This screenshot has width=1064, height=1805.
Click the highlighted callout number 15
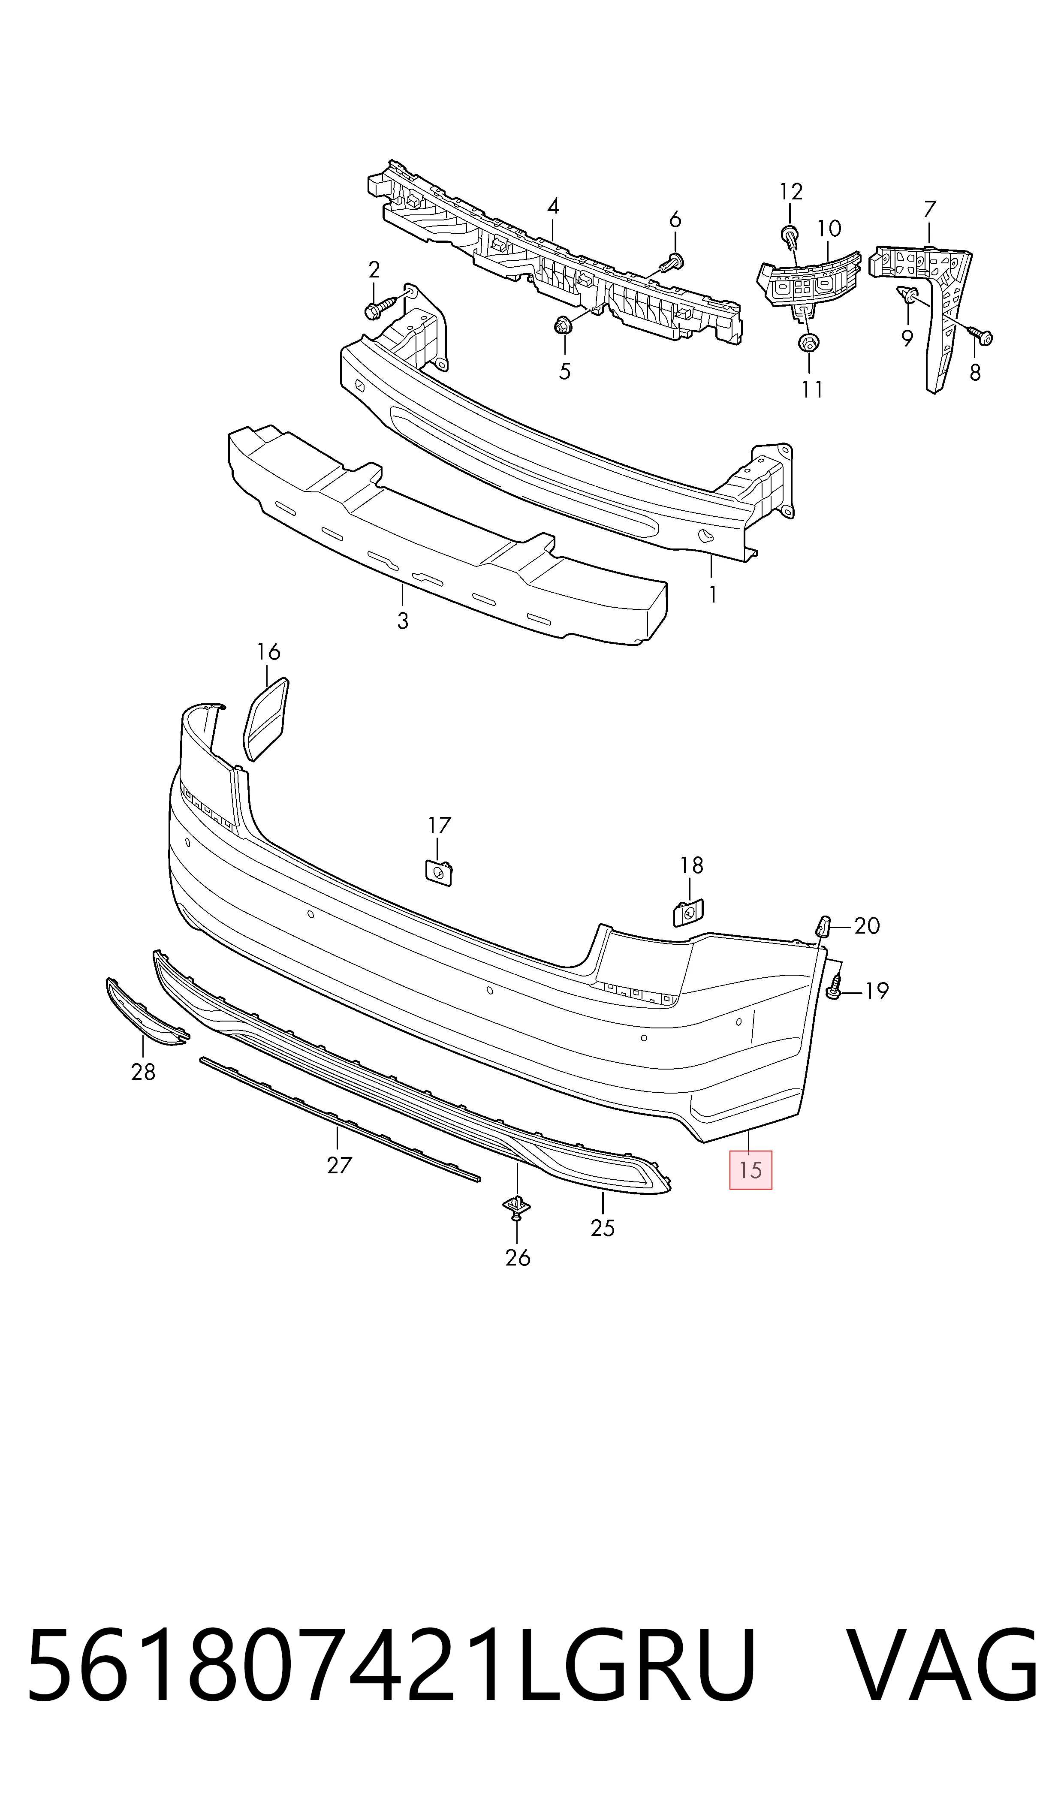pos(751,1170)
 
